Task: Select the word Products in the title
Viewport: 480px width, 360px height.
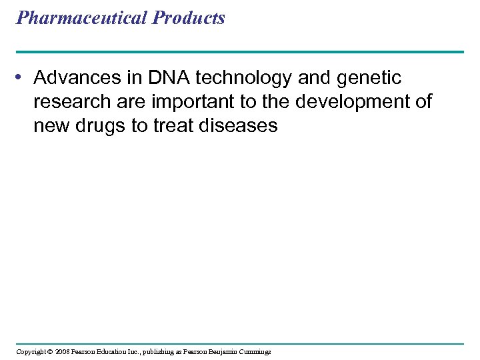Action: tap(189, 18)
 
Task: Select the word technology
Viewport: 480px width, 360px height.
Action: tap(236, 79)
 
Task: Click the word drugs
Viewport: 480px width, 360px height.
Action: tap(99, 125)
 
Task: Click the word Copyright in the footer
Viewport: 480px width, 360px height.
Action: tap(31, 351)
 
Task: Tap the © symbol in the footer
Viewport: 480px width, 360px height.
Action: tap(50, 351)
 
